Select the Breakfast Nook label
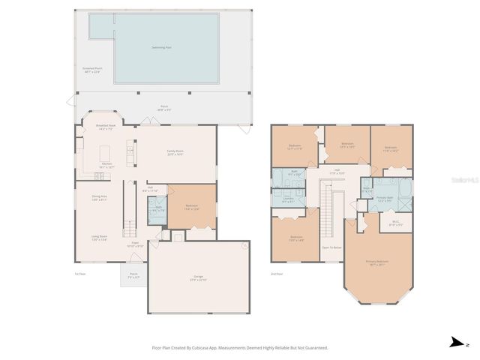click(105, 127)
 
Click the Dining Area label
click(99, 199)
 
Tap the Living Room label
click(99, 238)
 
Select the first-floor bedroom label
click(191, 207)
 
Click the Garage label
click(199, 278)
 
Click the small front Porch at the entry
click(133, 275)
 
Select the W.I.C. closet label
click(395, 223)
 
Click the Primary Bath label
click(385, 199)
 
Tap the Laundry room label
click(288, 199)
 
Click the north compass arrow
click(455, 342)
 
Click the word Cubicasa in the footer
click(199, 348)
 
